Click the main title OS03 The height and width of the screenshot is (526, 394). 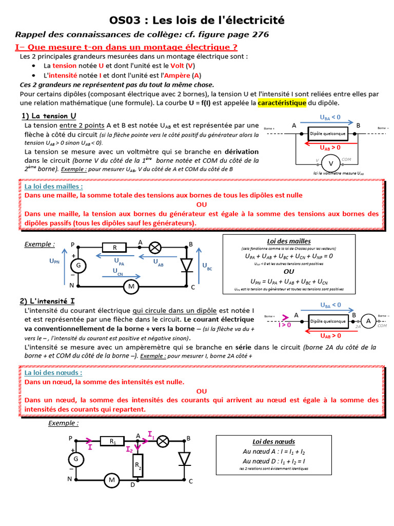pyautogui.click(x=197, y=20)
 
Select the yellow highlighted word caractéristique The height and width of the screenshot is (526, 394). pyautogui.click(x=282, y=103)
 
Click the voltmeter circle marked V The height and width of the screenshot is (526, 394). pyautogui.click(x=331, y=163)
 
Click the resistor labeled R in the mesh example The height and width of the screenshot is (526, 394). pyautogui.click(x=115, y=247)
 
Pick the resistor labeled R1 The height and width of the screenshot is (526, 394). pyautogui.click(x=113, y=441)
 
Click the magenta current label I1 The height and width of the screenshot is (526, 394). pyautogui.click(x=151, y=435)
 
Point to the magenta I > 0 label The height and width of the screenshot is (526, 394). pyautogui.click(x=285, y=325)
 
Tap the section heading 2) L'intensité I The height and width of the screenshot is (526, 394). pyautogui.click(x=50, y=301)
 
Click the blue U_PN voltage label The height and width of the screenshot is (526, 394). pyautogui.click(x=54, y=261)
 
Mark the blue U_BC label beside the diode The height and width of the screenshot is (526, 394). pyautogui.click(x=207, y=266)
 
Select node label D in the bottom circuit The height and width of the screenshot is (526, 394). pyautogui.click(x=132, y=484)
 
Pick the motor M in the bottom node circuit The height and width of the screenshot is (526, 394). pyautogui.click(x=111, y=480)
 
